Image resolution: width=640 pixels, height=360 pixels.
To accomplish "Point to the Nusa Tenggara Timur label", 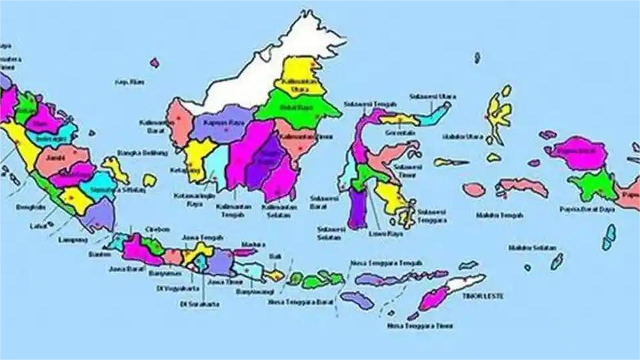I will (x=420, y=326).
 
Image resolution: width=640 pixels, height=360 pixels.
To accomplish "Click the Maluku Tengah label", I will (x=499, y=215).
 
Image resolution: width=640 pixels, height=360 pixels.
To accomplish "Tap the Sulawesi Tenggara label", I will (x=432, y=215).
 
